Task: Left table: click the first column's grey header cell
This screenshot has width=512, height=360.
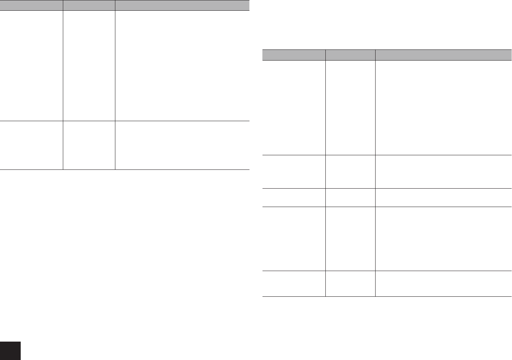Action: (31, 5)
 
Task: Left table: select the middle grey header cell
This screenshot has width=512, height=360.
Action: (89, 5)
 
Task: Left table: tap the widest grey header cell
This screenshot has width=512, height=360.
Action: (182, 5)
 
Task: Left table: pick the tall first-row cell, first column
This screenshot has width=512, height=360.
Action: (31, 66)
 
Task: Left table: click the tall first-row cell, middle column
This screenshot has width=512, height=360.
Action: (89, 66)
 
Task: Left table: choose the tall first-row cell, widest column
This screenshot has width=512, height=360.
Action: (182, 66)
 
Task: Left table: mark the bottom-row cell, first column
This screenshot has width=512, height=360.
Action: (31, 145)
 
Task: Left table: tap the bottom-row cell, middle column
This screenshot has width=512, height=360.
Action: (89, 145)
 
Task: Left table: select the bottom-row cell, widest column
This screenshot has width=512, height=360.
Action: (182, 145)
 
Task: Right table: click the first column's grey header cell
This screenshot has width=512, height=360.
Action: (294, 55)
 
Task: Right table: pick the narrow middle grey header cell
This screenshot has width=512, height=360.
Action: (350, 55)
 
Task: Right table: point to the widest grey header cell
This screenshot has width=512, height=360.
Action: (443, 55)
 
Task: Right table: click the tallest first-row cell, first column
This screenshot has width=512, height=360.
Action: (294, 107)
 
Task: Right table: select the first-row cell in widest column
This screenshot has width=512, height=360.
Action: (443, 107)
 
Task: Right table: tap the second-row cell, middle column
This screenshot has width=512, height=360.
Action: (350, 171)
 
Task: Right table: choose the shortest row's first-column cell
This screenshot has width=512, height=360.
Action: (294, 197)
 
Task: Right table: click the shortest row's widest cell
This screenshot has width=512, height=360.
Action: (443, 197)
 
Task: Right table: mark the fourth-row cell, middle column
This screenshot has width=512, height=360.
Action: (350, 239)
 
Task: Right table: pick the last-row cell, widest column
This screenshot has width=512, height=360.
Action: (443, 284)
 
